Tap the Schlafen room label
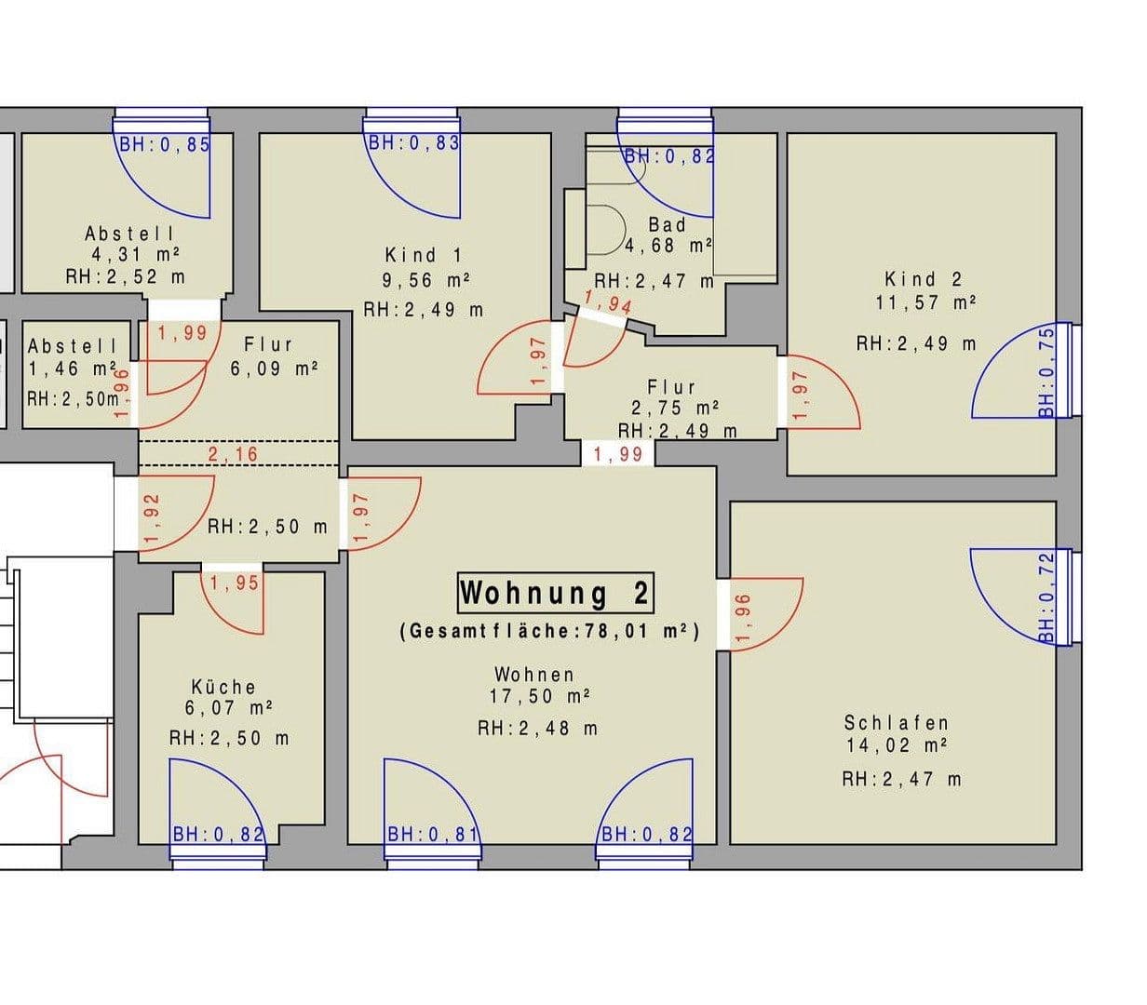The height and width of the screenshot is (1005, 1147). coord(896,722)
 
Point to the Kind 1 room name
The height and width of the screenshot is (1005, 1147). coord(423,254)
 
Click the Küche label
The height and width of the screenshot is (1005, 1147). coord(223,687)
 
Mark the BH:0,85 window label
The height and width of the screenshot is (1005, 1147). coord(164,144)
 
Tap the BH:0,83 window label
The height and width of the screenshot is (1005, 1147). coord(413,143)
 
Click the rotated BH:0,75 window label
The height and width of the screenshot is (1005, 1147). coord(1046,371)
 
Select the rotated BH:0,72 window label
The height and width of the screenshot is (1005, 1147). coord(1046,596)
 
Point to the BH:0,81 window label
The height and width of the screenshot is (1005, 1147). coord(432,835)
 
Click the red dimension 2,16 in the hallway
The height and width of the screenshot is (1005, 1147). coord(233,454)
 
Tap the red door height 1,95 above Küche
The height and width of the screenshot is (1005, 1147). coord(234,583)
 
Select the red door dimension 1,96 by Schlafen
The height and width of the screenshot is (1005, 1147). coord(742,618)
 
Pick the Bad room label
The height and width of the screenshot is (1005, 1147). coord(667,224)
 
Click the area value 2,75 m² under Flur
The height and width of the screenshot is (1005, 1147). coord(671,408)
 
